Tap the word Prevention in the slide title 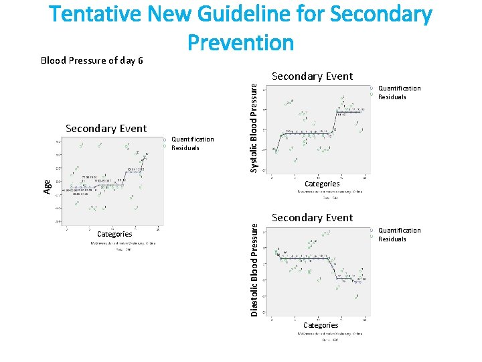(x=240, y=43)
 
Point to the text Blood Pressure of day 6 (x=92, y=60)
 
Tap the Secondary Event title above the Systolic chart (x=312, y=76)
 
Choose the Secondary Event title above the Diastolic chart (x=312, y=218)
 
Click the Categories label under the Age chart (x=114, y=234)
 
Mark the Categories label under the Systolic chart (x=322, y=184)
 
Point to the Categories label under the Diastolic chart (x=321, y=325)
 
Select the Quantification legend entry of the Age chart (x=193, y=139)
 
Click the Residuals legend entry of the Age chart (x=185, y=148)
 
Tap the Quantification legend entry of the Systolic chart (x=400, y=88)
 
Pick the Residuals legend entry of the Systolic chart (x=392, y=97)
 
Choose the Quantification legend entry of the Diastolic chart (x=400, y=230)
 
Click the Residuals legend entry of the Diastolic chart (x=392, y=239)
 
